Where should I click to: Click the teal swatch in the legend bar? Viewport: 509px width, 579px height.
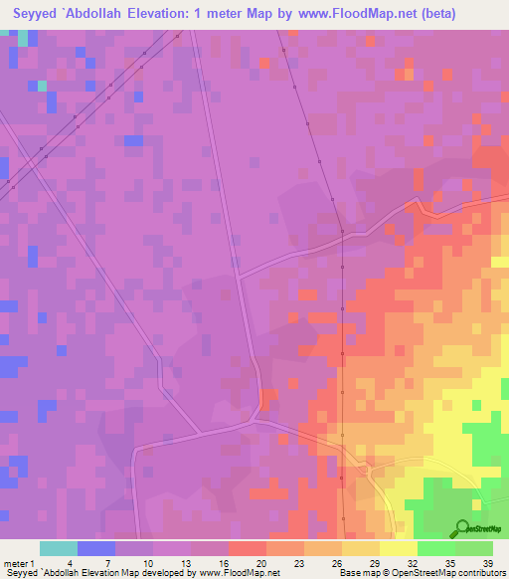tap(59, 548)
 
